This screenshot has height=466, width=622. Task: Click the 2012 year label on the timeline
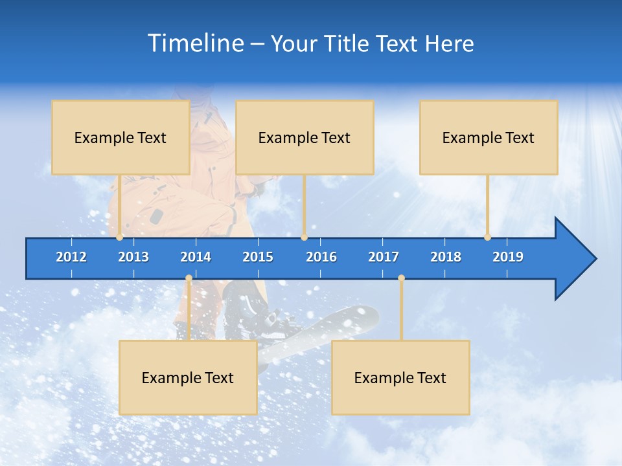[x=71, y=257]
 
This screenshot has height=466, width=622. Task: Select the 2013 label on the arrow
[x=133, y=257]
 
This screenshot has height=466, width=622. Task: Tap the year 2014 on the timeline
[x=196, y=257]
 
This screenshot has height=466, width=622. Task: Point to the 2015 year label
[x=258, y=257]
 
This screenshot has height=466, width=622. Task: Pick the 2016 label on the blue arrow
[x=321, y=257]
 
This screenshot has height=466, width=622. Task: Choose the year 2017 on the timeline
[x=384, y=257]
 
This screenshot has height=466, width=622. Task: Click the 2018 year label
[x=446, y=257]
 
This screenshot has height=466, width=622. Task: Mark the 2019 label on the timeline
[x=508, y=257]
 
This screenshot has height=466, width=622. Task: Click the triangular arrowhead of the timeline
[x=573, y=259]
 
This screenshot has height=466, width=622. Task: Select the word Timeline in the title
[x=195, y=43]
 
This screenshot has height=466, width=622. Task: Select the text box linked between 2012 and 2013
[x=121, y=137]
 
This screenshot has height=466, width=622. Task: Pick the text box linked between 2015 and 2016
[x=305, y=137]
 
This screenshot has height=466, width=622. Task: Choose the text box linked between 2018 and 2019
[x=489, y=137]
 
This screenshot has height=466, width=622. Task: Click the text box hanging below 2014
[x=188, y=377]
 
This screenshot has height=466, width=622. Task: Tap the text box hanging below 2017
[x=400, y=377]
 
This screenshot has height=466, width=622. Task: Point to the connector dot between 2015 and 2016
[x=305, y=238]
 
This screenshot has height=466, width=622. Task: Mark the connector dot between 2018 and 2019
[x=487, y=238]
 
